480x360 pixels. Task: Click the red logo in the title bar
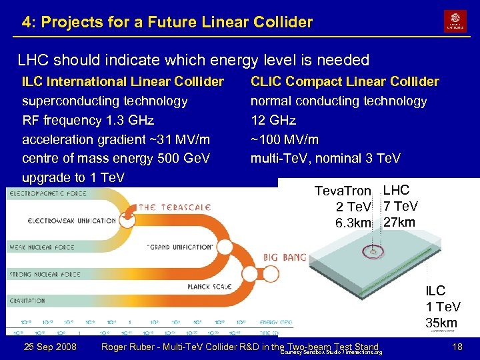click(x=455, y=21)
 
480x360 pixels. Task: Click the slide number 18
click(x=457, y=347)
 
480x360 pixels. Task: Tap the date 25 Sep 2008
click(x=49, y=347)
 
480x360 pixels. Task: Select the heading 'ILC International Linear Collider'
click(x=123, y=81)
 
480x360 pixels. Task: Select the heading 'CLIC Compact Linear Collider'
click(x=345, y=81)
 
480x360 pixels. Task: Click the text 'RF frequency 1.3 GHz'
click(x=88, y=120)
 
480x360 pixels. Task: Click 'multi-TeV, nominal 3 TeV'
click(x=325, y=159)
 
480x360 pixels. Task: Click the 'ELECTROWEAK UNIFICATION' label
click(x=72, y=221)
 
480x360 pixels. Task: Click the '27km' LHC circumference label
click(x=399, y=222)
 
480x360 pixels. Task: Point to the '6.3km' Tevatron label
click(x=353, y=222)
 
